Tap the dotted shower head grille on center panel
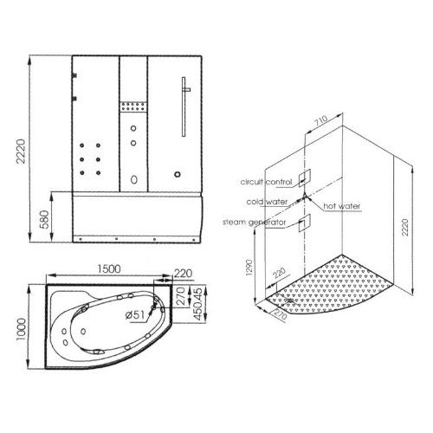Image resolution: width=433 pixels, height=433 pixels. [x=132, y=108]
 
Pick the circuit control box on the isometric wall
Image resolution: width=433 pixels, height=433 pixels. [x=304, y=178]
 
